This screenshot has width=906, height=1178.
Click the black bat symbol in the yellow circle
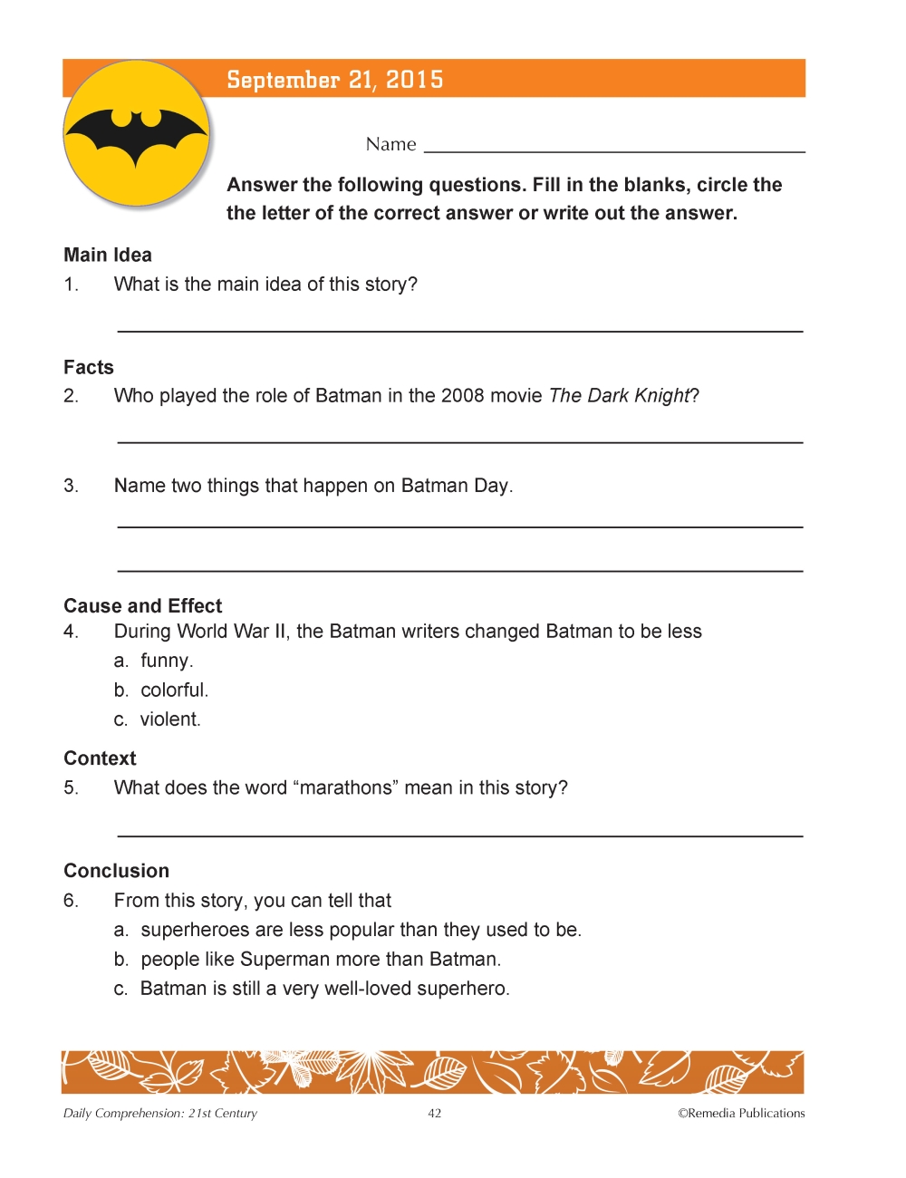click(137, 137)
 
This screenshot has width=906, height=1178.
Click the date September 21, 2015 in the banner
click(334, 80)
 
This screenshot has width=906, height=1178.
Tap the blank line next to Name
click(614, 148)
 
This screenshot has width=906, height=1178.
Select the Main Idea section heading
click(108, 255)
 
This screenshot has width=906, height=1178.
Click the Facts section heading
click(89, 367)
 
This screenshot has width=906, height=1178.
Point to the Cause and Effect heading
click(143, 605)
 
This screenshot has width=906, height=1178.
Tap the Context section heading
click(100, 758)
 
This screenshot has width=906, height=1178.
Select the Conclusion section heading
click(117, 871)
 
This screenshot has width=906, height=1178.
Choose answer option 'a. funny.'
click(154, 661)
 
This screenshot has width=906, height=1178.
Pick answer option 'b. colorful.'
click(161, 690)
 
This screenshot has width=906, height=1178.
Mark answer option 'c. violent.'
click(158, 719)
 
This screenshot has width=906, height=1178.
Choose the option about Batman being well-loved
click(312, 989)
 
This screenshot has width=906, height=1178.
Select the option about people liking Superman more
click(307, 960)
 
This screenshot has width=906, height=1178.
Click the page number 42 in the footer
click(435, 1114)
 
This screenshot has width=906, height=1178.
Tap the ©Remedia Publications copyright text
click(741, 1114)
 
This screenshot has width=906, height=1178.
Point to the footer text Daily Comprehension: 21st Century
click(160, 1114)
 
